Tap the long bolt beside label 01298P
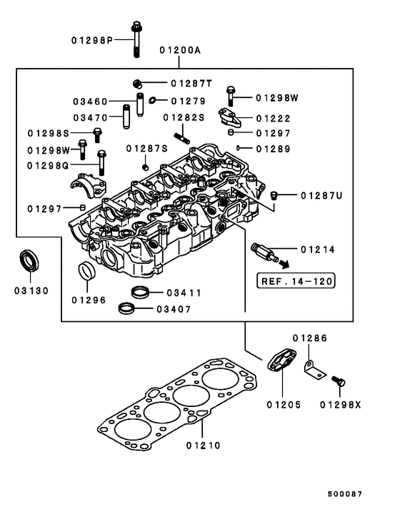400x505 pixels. click(136, 39)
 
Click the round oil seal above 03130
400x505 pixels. click(29, 260)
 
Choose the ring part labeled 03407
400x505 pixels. click(126, 309)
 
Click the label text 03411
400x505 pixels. click(184, 293)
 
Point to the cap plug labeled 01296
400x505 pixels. click(86, 273)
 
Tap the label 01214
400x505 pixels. click(318, 250)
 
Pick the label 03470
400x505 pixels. click(90, 117)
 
